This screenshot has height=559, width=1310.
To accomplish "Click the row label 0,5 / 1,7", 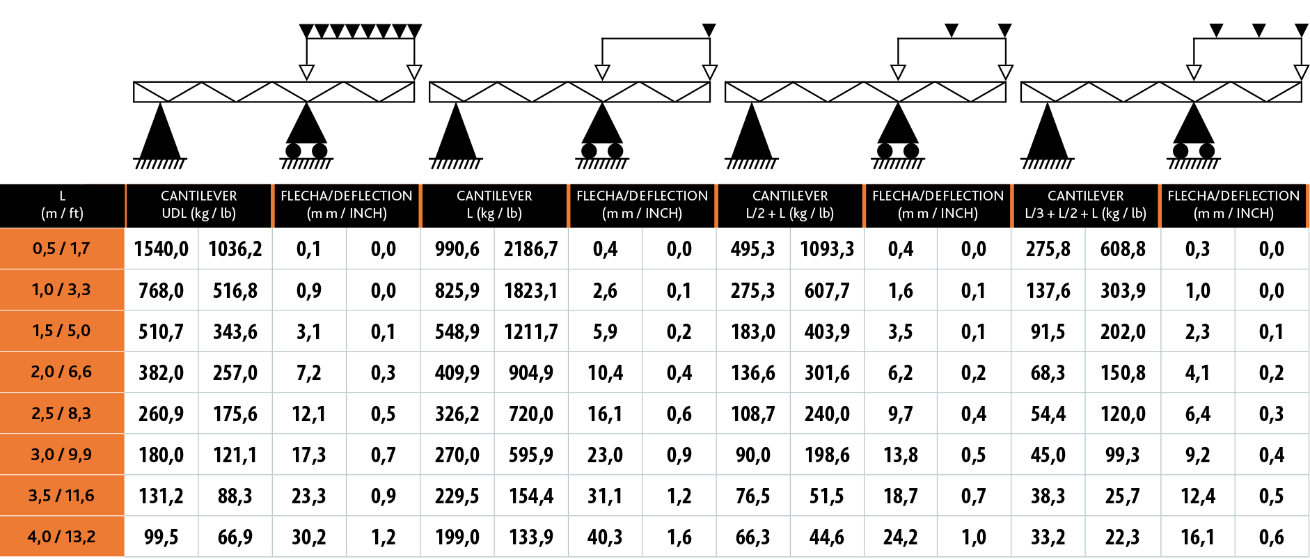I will [61, 249].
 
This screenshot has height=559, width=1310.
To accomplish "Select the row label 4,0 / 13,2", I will [61, 537].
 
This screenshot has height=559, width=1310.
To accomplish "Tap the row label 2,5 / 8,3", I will [61, 414].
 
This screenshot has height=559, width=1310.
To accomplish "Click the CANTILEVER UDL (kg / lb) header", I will [198, 205].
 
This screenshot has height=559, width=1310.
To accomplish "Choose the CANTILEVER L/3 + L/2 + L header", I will [1085, 205].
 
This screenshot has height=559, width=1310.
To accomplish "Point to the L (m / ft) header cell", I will [62, 205].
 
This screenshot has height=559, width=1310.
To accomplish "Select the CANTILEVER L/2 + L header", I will [790, 205].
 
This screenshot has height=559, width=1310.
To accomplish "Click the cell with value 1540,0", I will [161, 249].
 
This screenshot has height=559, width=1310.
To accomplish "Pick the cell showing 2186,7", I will [531, 249].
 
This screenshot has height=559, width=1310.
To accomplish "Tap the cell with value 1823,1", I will [531, 290].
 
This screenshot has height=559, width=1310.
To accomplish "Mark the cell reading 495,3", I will [752, 249].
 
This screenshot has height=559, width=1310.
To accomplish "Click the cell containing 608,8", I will [1123, 249].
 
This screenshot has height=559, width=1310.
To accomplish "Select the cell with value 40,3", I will [605, 537].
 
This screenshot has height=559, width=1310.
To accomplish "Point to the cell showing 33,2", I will [1048, 537].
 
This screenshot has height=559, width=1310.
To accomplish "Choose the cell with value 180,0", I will [161, 455].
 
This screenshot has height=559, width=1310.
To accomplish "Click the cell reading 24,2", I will [900, 537].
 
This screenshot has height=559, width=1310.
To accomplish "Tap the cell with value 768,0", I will [161, 290].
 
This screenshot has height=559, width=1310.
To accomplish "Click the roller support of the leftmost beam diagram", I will [306, 136].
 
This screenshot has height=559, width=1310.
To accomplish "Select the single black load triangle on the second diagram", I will [709, 30].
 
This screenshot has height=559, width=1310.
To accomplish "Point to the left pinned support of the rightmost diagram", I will [1047, 134].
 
